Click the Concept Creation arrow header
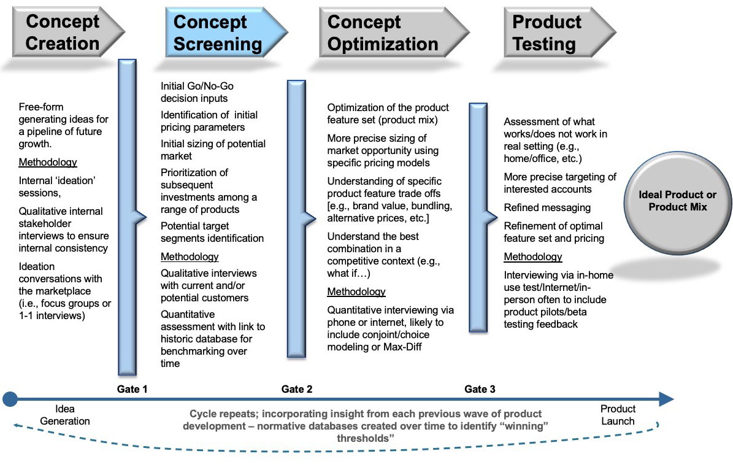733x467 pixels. [x=63, y=33]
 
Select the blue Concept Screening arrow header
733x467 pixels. [x=218, y=33]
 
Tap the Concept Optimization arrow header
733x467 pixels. [x=383, y=33]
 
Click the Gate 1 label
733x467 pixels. [x=132, y=389]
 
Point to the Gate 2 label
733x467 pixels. [x=297, y=389]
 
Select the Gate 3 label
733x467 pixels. [x=480, y=389]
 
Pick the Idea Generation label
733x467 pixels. [x=64, y=415]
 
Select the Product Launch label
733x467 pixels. [x=618, y=415]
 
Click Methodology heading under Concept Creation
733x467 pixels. [x=48, y=163]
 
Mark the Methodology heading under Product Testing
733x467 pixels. [x=532, y=257]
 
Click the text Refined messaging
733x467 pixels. [x=547, y=207]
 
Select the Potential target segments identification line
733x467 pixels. [x=212, y=238]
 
